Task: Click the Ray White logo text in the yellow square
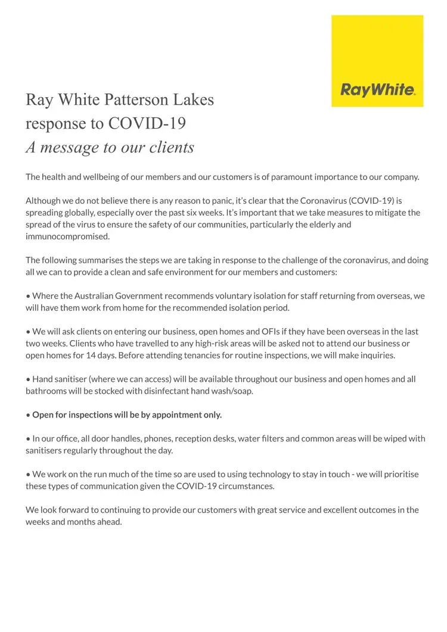click(x=378, y=91)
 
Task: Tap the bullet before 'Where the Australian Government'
click(x=28, y=296)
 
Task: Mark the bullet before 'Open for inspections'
click(x=28, y=415)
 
